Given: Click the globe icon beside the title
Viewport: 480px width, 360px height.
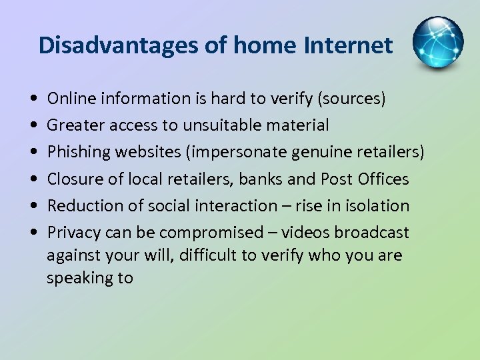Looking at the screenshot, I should click(437, 42).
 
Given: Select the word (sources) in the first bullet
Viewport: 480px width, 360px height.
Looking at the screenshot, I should click(351, 99).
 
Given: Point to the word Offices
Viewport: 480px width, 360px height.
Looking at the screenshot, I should click(383, 179).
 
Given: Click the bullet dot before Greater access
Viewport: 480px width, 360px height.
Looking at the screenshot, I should click(34, 126).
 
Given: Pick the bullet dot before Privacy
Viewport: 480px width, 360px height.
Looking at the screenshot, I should click(34, 233).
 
